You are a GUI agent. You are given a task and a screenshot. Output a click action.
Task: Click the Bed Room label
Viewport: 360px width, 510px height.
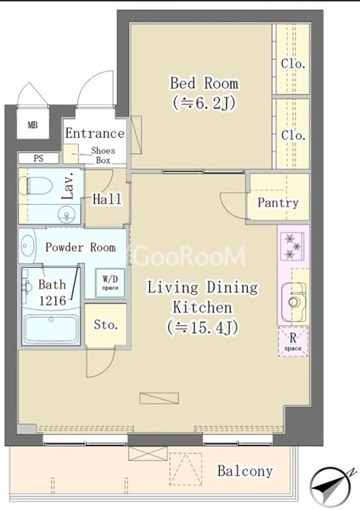click(x=204, y=83)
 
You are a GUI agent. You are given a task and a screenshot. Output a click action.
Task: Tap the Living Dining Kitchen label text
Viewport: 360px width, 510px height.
click(x=202, y=297)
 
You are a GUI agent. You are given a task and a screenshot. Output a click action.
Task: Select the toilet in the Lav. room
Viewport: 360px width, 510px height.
click(x=36, y=186)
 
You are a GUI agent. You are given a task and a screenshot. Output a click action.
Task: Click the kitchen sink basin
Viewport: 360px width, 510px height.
click(x=294, y=302)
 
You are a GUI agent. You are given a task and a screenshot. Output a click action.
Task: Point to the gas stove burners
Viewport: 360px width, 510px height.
click(x=292, y=245)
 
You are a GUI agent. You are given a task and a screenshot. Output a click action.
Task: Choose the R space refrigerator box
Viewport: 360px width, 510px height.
click(x=292, y=342)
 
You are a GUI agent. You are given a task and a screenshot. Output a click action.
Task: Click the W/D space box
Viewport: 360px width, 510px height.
click(x=110, y=283)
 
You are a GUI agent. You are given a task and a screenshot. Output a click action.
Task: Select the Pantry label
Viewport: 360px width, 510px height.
click(x=278, y=202)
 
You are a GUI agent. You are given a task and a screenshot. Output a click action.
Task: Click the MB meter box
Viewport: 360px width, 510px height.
click(x=33, y=124)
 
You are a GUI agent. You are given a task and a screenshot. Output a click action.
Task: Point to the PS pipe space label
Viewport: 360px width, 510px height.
click(x=38, y=159)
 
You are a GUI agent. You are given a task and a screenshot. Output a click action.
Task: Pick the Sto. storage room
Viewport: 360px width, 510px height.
click(x=105, y=324)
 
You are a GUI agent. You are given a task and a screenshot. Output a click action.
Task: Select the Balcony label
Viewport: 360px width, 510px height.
click(x=245, y=471)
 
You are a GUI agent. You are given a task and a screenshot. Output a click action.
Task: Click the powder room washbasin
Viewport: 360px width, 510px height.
click(x=26, y=245)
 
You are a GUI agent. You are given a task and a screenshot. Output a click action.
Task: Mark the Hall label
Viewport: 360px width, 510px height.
click(x=107, y=198)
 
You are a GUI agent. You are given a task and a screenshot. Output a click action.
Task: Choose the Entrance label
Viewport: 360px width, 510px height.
click(x=95, y=133)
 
